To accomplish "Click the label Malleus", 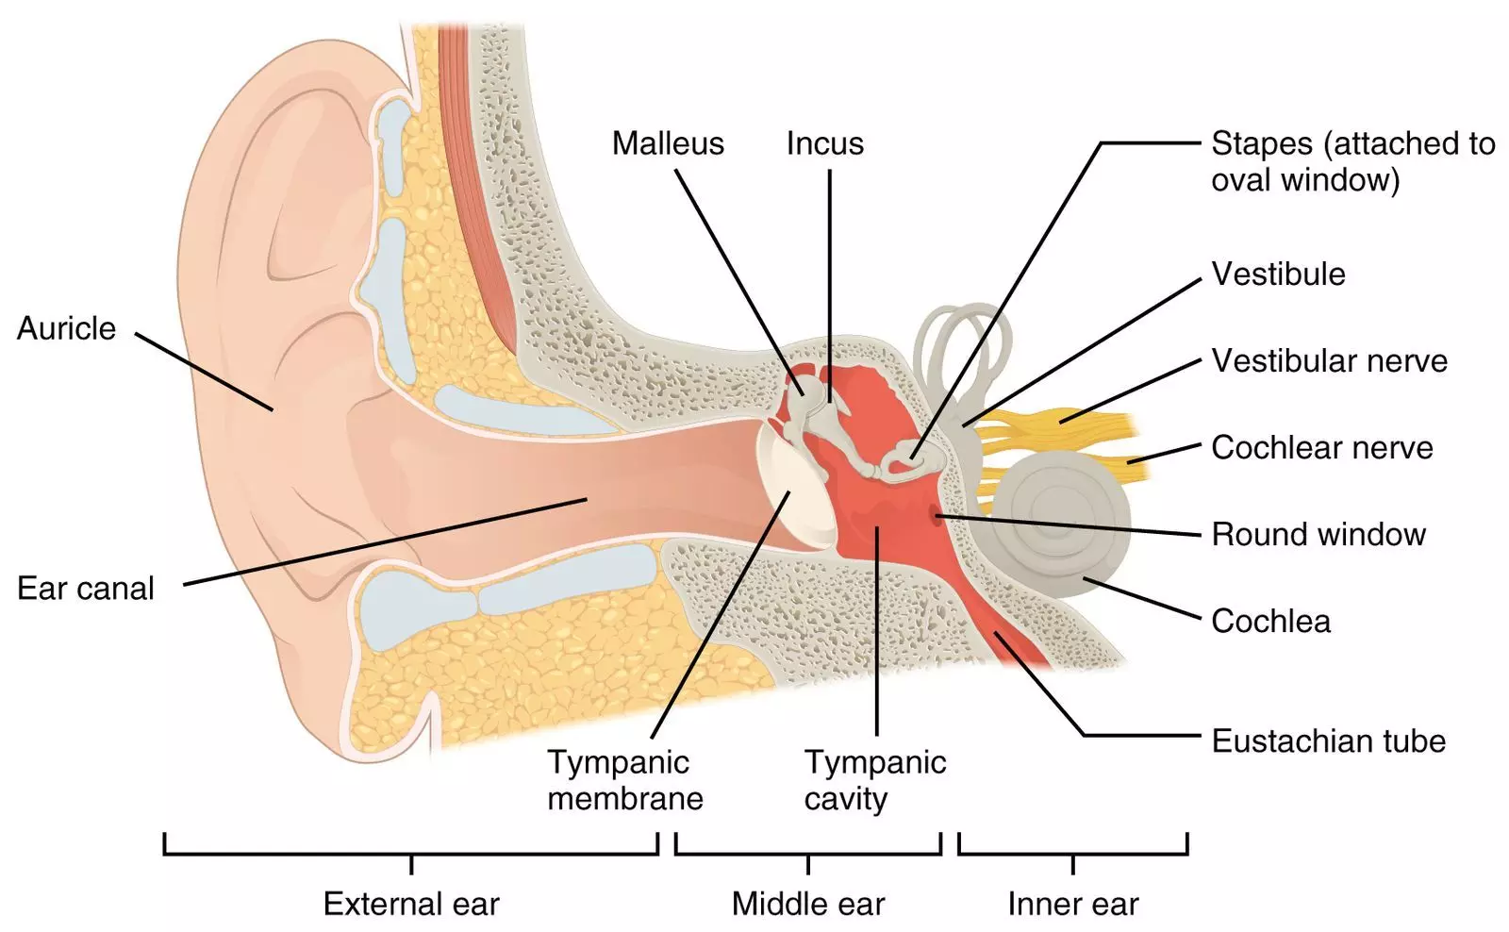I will click(668, 143).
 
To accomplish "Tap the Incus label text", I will click(825, 143).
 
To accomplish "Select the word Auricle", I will click(66, 328).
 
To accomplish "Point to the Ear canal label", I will click(85, 589).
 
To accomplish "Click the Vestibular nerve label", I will click(1329, 360).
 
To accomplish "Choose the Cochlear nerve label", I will click(1321, 447).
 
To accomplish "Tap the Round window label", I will click(1318, 534).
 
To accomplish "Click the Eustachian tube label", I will click(1328, 741).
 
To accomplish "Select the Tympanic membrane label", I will click(624, 780).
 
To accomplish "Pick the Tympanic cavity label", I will click(874, 780).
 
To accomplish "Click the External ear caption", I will click(411, 904).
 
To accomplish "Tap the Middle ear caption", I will click(808, 904).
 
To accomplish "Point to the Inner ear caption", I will click(1072, 904).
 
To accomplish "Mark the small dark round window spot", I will click(936, 515).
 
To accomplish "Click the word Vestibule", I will click(1278, 274).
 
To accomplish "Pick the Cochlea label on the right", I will click(1270, 621).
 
